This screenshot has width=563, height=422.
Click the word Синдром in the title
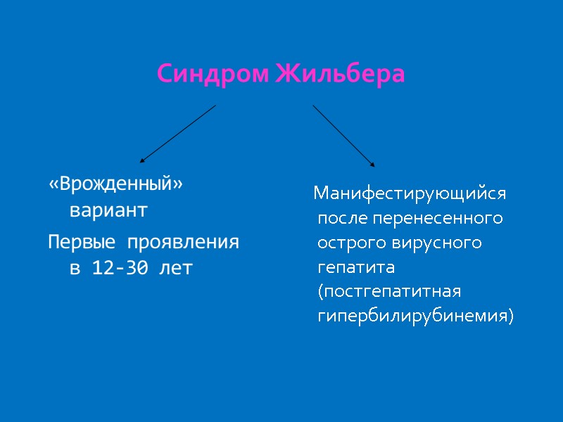coord(212,74)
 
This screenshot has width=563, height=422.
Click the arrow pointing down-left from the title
coord(177,134)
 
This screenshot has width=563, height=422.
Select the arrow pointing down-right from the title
coord(343,136)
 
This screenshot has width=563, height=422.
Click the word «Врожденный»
coord(115,185)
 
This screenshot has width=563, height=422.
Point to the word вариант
coord(108,210)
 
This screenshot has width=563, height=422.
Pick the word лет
coord(177,268)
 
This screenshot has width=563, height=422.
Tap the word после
coord(343,217)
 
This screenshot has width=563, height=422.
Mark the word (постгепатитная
coord(389,292)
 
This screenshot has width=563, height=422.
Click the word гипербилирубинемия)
coord(416,316)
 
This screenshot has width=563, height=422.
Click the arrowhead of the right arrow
coord(372,165)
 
